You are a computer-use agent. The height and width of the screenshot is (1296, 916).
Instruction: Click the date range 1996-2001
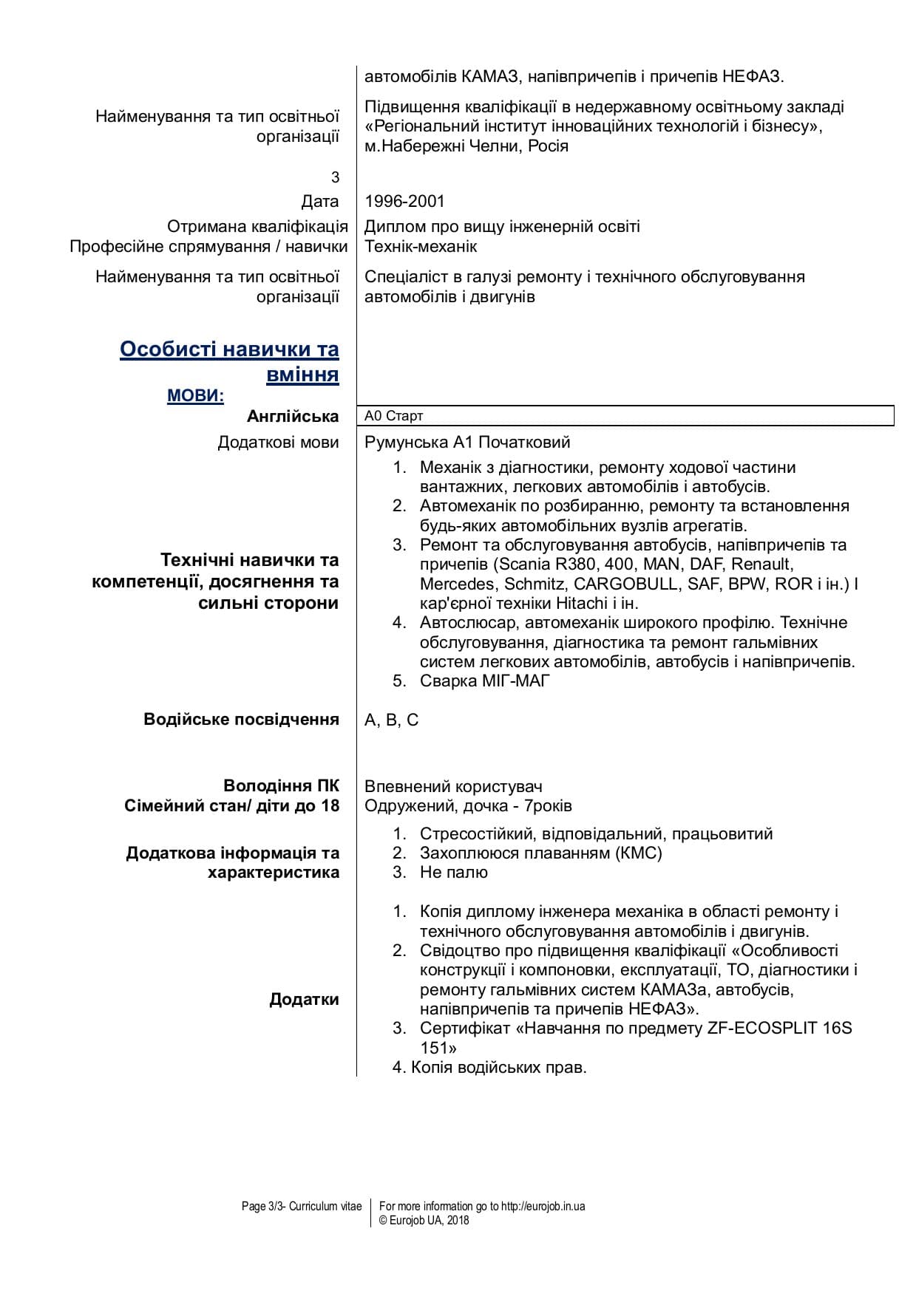tap(404, 201)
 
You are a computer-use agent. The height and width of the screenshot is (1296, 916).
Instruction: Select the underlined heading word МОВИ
tap(195, 396)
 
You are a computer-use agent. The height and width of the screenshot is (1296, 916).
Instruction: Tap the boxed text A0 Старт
tap(394, 416)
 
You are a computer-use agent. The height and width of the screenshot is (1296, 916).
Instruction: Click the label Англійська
tap(293, 417)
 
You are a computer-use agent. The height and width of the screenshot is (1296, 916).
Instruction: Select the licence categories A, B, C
tap(391, 720)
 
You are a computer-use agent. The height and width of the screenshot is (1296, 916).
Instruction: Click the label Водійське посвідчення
tap(241, 720)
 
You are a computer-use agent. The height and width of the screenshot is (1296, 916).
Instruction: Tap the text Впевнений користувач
tap(453, 786)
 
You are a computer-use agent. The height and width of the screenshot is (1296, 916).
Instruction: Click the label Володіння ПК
tap(281, 786)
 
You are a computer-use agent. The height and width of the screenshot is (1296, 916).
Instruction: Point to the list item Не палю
tap(453, 873)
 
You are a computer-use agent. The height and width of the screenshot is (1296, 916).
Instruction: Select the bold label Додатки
tap(304, 1000)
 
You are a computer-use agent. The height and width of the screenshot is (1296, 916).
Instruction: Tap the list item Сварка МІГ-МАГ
tap(484, 681)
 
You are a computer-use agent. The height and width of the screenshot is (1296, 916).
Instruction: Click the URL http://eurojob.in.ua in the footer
tap(543, 1207)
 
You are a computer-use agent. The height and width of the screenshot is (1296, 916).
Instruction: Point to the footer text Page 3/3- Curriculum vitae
tap(302, 1207)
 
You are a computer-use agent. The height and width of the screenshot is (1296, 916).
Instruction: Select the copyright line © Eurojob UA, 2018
tap(424, 1221)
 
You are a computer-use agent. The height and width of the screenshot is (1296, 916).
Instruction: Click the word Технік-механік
tap(421, 246)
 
